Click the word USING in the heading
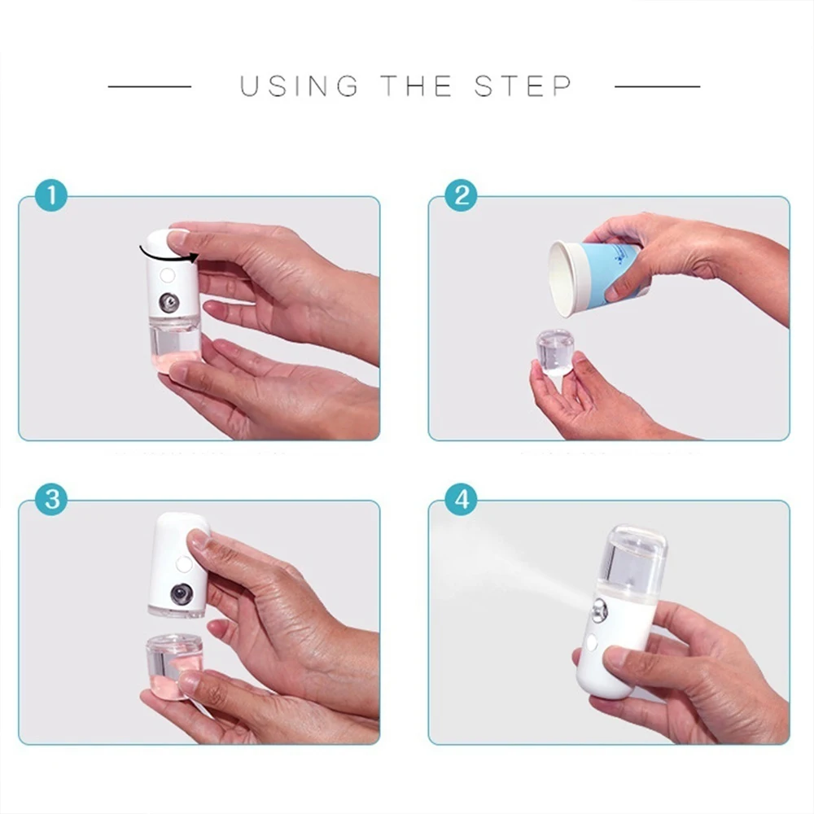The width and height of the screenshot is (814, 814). (299, 85)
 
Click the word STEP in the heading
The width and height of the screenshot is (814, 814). (523, 85)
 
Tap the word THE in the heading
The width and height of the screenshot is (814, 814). (416, 85)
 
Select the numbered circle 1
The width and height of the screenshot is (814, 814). (52, 196)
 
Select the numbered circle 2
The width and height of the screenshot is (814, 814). (462, 196)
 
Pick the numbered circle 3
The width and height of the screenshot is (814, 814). (52, 499)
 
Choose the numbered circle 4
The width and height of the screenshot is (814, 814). (462, 499)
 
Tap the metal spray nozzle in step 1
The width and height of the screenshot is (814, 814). (169, 303)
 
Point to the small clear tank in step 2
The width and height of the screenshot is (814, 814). (555, 351)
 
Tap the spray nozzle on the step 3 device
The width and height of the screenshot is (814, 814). (181, 593)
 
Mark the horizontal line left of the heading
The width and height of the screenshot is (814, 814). (150, 85)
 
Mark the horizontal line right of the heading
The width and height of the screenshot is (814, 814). (657, 85)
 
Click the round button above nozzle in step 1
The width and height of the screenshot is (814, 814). (168, 275)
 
